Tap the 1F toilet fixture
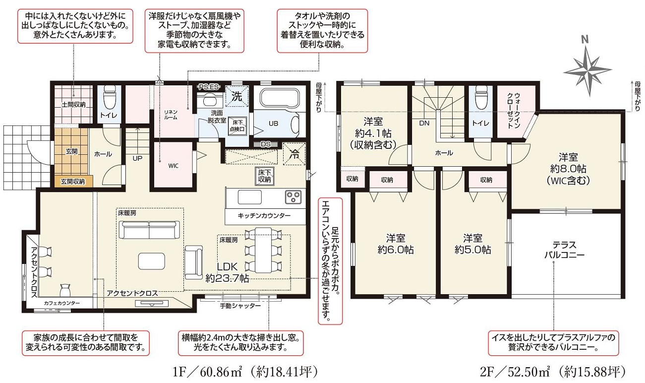click(x=109, y=95)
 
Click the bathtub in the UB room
click(x=279, y=98)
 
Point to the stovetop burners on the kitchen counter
click(x=293, y=197)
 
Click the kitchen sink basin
click(x=250, y=197)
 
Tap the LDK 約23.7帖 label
click(x=227, y=272)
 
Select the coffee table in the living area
click(x=152, y=261)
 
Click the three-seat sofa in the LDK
click(x=149, y=230)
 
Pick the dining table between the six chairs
click(x=263, y=250)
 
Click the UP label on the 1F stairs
click(x=137, y=158)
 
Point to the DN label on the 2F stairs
click(x=424, y=123)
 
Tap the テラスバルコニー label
click(x=564, y=250)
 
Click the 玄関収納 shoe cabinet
click(x=74, y=181)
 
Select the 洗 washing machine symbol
click(x=236, y=96)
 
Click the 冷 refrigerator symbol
click(x=294, y=154)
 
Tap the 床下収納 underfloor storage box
click(x=265, y=176)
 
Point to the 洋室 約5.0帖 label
click(x=472, y=244)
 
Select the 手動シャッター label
click(x=240, y=306)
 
